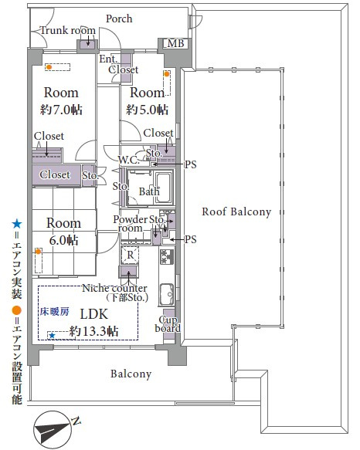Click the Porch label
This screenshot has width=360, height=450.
tap(119, 19)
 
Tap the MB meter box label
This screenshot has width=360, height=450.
tap(175, 44)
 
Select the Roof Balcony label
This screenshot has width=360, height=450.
tap(236, 211)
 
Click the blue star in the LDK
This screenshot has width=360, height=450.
tap(52, 336)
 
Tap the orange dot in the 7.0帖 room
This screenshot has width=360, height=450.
tap(49, 67)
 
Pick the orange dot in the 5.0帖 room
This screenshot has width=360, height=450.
tap(167, 74)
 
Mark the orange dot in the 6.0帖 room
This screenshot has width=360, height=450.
tap(38, 252)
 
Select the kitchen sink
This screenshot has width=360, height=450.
tap(167, 294)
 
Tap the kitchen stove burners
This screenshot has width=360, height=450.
tap(167, 256)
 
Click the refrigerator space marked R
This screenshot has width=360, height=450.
tap(130, 255)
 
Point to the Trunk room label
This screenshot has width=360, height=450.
tap(68, 30)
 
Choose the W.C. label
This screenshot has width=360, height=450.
tap(128, 160)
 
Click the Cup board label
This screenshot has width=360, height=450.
tap(168, 324)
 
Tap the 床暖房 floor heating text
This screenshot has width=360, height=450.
tap(54, 311)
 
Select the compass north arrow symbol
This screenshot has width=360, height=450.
tap(53, 430)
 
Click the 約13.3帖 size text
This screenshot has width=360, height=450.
tap(93, 331)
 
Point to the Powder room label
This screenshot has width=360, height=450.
tap(131, 224)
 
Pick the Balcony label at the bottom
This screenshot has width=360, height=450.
tap(131, 374)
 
